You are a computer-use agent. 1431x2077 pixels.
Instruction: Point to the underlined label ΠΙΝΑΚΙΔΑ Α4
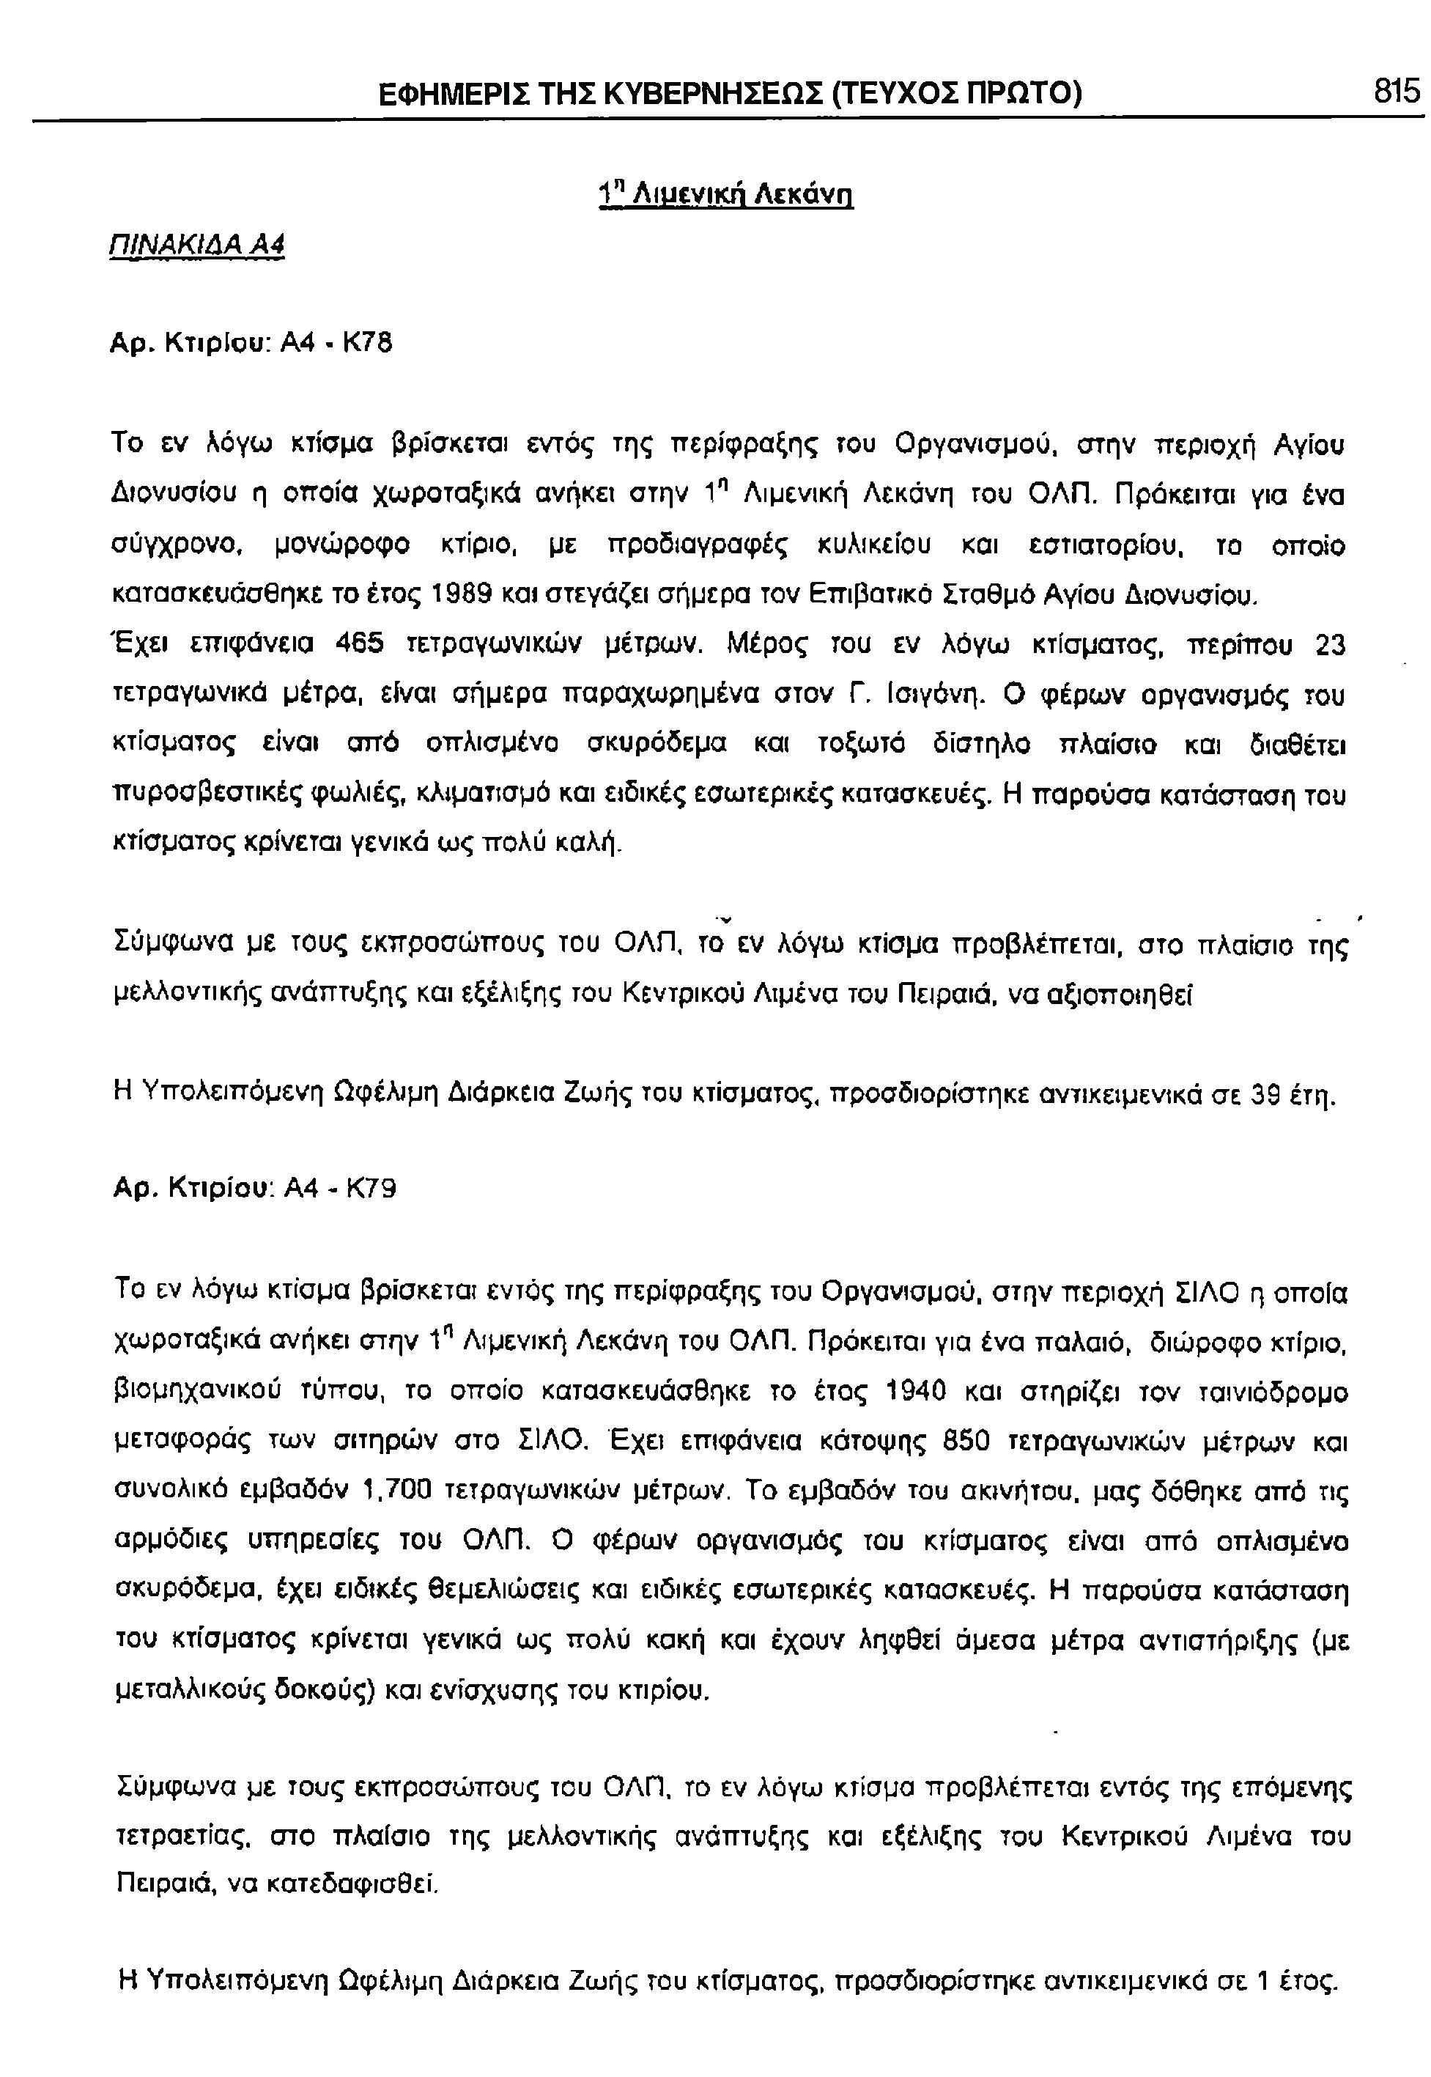tap(196, 244)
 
